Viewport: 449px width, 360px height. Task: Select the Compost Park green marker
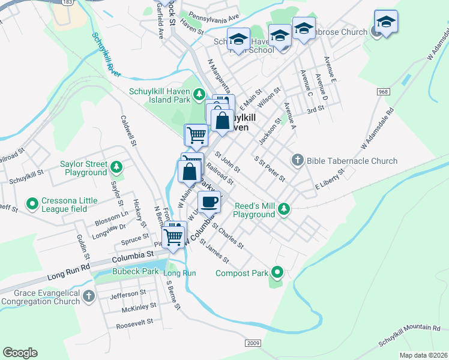277,273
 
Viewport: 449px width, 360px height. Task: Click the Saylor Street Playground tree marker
116,167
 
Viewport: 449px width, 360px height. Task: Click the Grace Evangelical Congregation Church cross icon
89,296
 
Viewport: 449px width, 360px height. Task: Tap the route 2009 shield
253,343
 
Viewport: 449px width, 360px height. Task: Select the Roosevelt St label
134,322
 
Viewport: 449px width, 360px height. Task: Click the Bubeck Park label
136,271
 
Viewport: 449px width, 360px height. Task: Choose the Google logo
20,352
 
